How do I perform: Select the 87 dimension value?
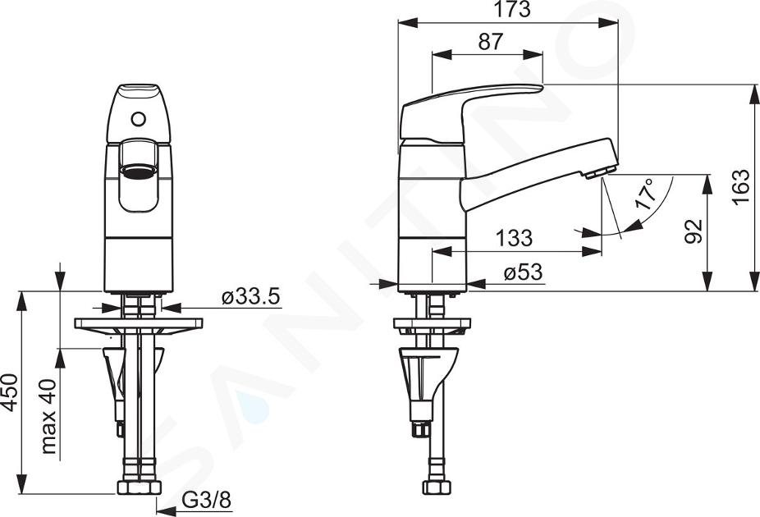pyautogui.click(x=490, y=42)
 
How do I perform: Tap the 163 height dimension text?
pyautogui.click(x=740, y=187)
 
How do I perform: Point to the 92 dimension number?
pyautogui.click(x=694, y=231)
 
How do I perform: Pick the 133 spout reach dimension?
pyautogui.click(x=514, y=238)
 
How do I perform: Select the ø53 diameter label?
pyautogui.click(x=523, y=272)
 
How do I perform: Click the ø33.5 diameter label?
pyautogui.click(x=251, y=296)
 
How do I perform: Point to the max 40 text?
pyautogui.click(x=48, y=416)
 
